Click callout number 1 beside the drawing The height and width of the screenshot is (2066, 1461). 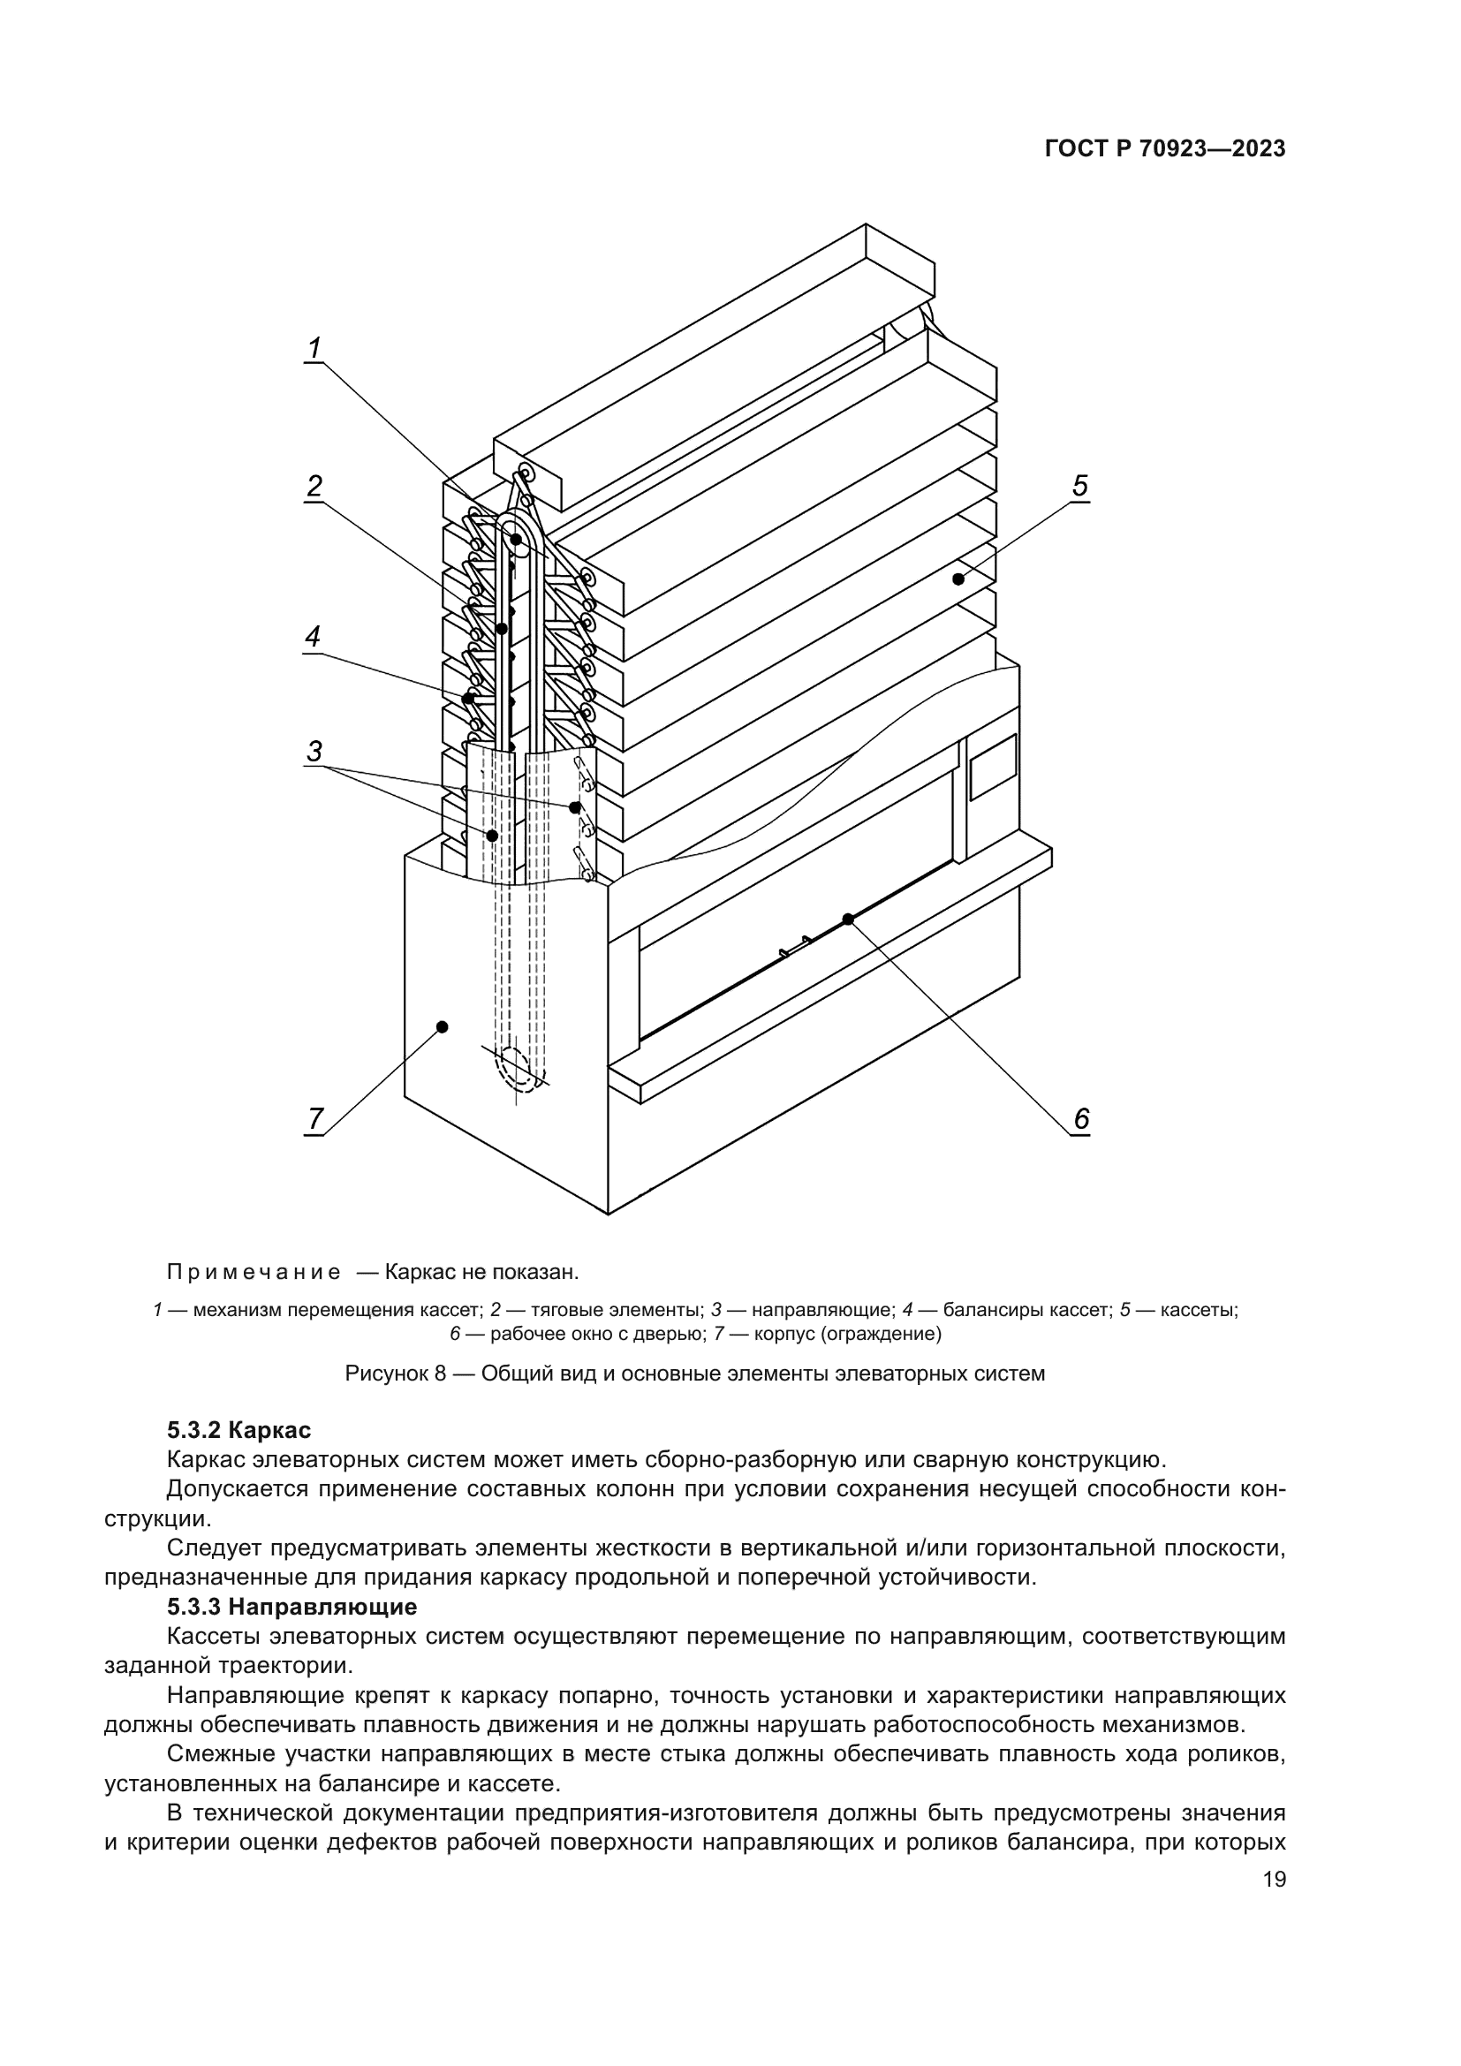click(x=313, y=348)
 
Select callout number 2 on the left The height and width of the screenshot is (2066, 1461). click(x=313, y=487)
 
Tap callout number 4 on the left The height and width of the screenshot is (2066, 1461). click(x=312, y=637)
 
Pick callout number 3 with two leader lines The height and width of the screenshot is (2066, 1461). click(x=313, y=752)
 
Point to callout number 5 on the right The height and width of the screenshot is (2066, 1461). click(x=1079, y=486)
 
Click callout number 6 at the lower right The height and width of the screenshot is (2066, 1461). click(x=1080, y=1119)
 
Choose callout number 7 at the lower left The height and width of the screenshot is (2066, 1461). click(x=314, y=1119)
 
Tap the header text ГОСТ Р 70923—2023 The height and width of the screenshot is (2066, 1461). click(x=1165, y=149)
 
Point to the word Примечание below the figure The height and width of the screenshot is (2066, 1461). click(x=254, y=1272)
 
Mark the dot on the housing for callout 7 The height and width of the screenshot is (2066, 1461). click(x=442, y=1026)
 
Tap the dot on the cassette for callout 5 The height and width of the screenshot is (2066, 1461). click(x=958, y=579)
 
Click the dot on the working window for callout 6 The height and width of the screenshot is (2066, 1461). click(x=847, y=919)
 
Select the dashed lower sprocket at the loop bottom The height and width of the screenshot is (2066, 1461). click(x=516, y=1068)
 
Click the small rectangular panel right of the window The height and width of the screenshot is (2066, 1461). click(x=992, y=766)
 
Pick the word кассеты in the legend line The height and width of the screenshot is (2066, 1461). click(x=1199, y=1310)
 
